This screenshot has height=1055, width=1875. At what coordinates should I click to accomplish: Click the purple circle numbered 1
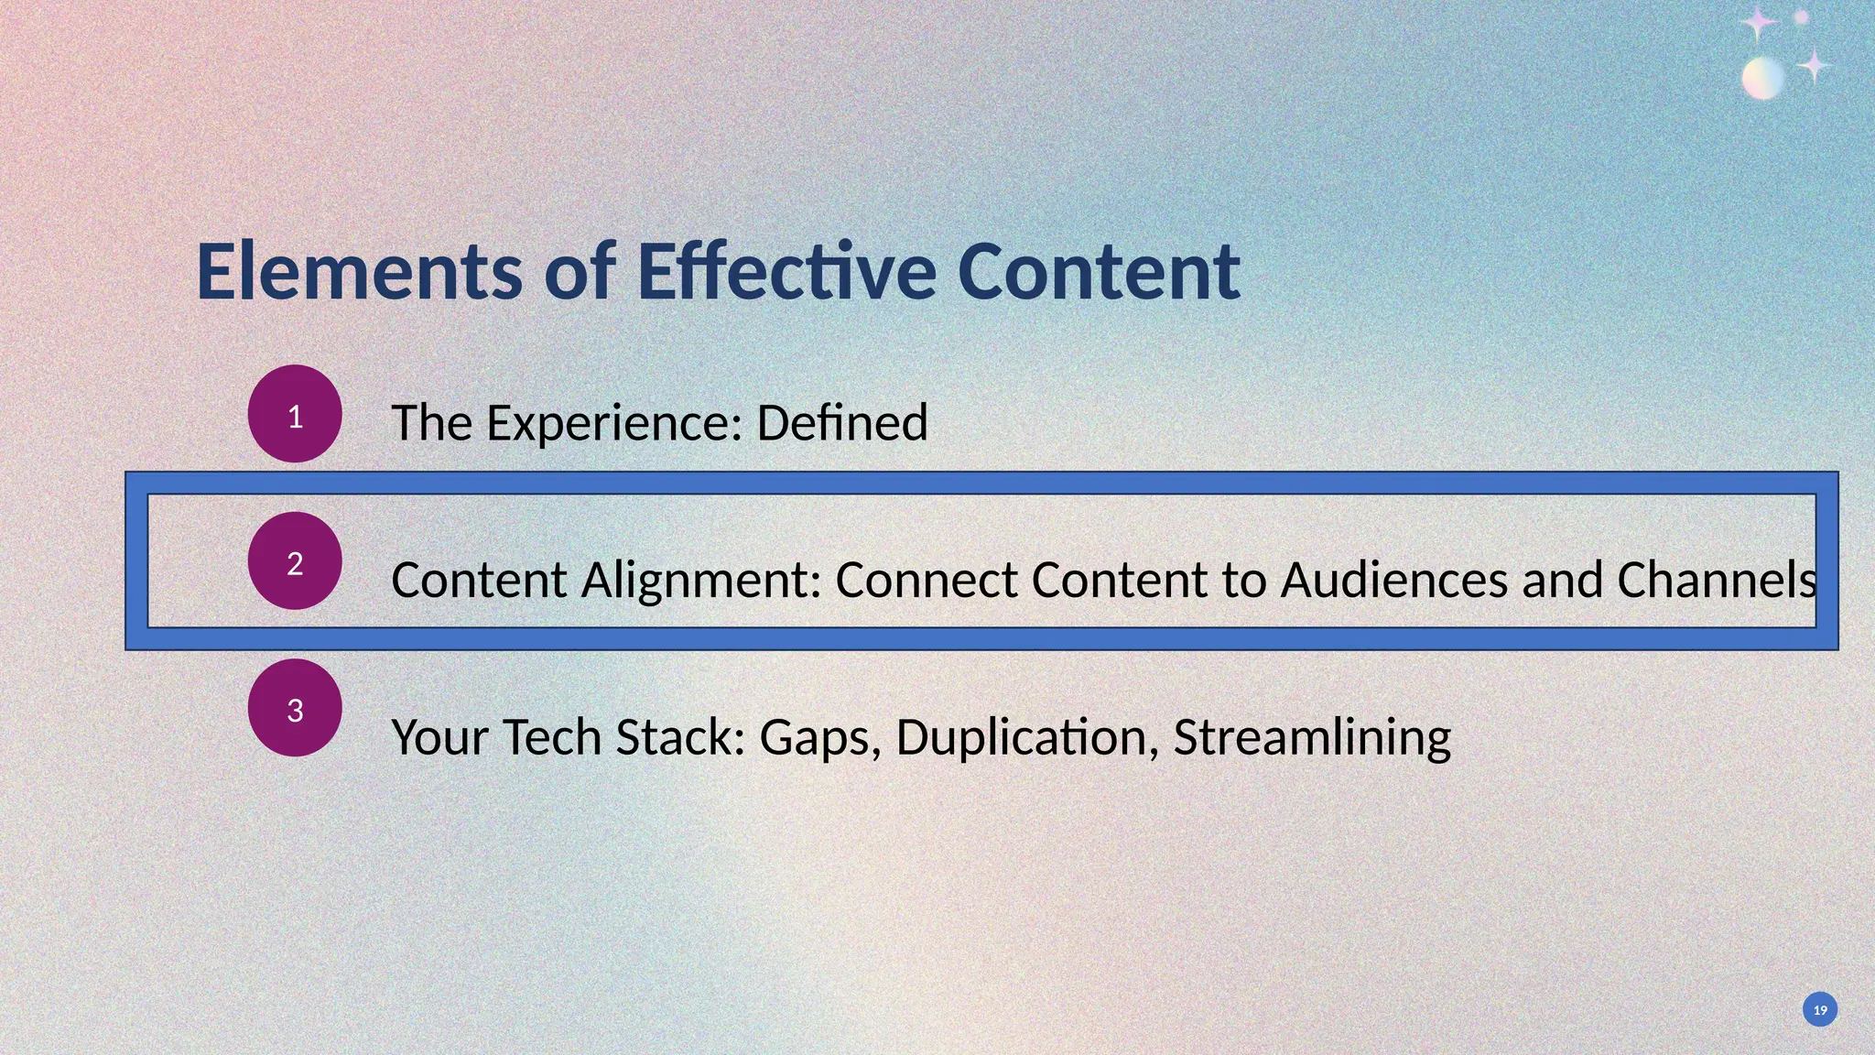click(x=295, y=414)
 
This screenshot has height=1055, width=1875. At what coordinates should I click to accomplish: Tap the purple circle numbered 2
click(x=295, y=561)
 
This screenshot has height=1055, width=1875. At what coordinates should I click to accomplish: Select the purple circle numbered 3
click(x=295, y=708)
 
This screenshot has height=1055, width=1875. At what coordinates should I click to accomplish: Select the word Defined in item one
click(x=842, y=423)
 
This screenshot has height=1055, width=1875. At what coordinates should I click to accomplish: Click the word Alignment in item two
click(x=701, y=581)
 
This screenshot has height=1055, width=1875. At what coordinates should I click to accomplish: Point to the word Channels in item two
click(x=1716, y=581)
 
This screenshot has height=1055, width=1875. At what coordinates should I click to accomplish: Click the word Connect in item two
click(x=926, y=581)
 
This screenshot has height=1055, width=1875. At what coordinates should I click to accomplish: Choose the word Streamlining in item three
click(x=1312, y=737)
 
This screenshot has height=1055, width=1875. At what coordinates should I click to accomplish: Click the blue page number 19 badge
click(x=1820, y=1009)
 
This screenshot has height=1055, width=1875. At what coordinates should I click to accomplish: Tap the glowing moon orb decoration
click(x=1762, y=78)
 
